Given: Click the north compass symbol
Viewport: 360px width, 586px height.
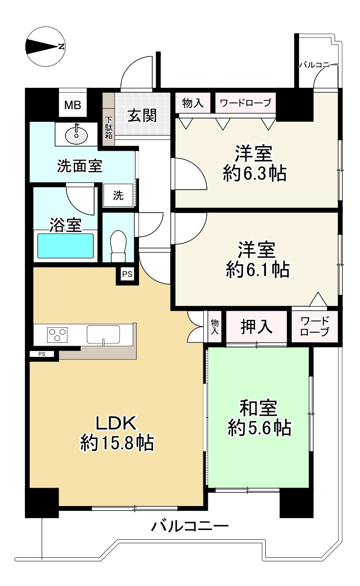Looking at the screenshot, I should click(45, 47).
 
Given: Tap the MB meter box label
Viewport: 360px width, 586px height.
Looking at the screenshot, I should click(73, 105).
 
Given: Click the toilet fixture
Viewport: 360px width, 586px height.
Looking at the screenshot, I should click(118, 246).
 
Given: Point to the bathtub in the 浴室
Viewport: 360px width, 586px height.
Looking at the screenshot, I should click(65, 246).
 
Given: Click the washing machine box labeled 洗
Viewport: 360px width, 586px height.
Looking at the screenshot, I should click(118, 196).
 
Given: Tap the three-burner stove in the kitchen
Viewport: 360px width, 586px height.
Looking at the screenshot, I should click(57, 335).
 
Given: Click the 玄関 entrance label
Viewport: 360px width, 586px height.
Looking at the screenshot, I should click(142, 116).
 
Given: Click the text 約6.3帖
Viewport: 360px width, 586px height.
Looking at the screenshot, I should click(254, 173).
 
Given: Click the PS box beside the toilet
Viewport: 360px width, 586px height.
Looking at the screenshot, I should click(127, 274).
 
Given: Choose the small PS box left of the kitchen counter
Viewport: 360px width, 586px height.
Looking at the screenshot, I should click(42, 354).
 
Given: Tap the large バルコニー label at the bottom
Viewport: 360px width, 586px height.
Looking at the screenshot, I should click(189, 527).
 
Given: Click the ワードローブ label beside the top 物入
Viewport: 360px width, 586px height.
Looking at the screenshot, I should click(245, 103).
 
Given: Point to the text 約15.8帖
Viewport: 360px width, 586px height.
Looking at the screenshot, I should click(118, 443).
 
